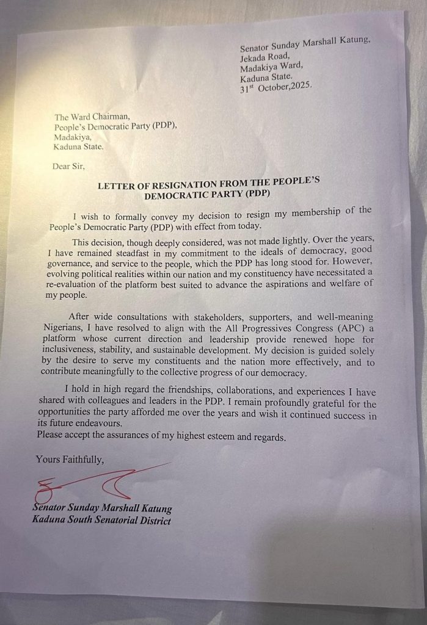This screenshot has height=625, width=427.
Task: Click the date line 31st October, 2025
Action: (x=276, y=86)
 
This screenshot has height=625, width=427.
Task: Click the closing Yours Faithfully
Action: (x=70, y=459)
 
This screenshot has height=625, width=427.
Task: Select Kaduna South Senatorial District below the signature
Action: (x=101, y=520)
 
